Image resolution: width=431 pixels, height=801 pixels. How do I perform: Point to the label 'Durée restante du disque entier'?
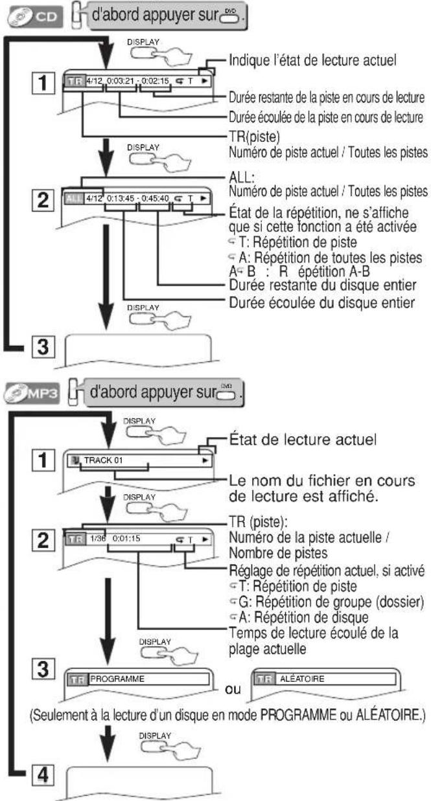pos(303,287)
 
